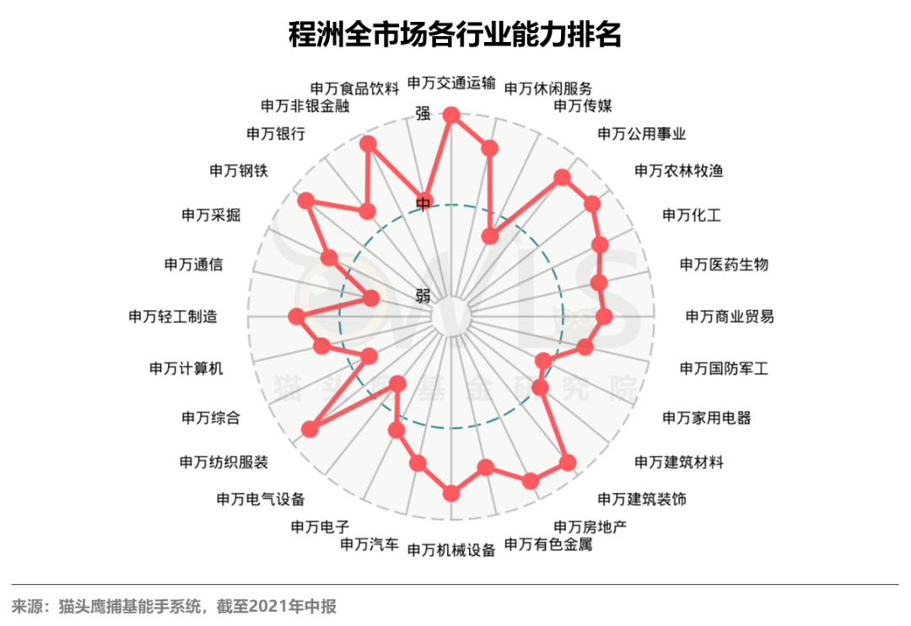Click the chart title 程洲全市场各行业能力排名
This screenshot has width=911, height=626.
[455, 35]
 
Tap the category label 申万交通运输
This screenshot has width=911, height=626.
[451, 82]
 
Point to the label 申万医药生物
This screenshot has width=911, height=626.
[724, 265]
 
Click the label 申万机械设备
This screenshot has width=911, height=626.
[451, 550]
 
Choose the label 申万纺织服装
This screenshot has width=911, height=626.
[224, 462]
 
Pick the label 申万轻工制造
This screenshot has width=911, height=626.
[173, 317]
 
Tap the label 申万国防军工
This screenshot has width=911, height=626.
[724, 368]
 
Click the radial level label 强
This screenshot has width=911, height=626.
[423, 113]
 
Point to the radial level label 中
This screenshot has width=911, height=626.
[424, 203]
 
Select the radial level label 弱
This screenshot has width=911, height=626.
[423, 295]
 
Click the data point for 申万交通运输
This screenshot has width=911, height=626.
[451, 115]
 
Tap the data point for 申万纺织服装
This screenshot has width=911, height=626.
[310, 429]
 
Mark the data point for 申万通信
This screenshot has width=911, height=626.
[370, 298]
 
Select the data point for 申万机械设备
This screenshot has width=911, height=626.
[451, 493]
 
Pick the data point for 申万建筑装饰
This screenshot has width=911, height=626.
[568, 462]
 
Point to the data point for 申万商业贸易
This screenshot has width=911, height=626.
[603, 317]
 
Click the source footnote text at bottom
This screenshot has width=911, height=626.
[174, 606]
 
